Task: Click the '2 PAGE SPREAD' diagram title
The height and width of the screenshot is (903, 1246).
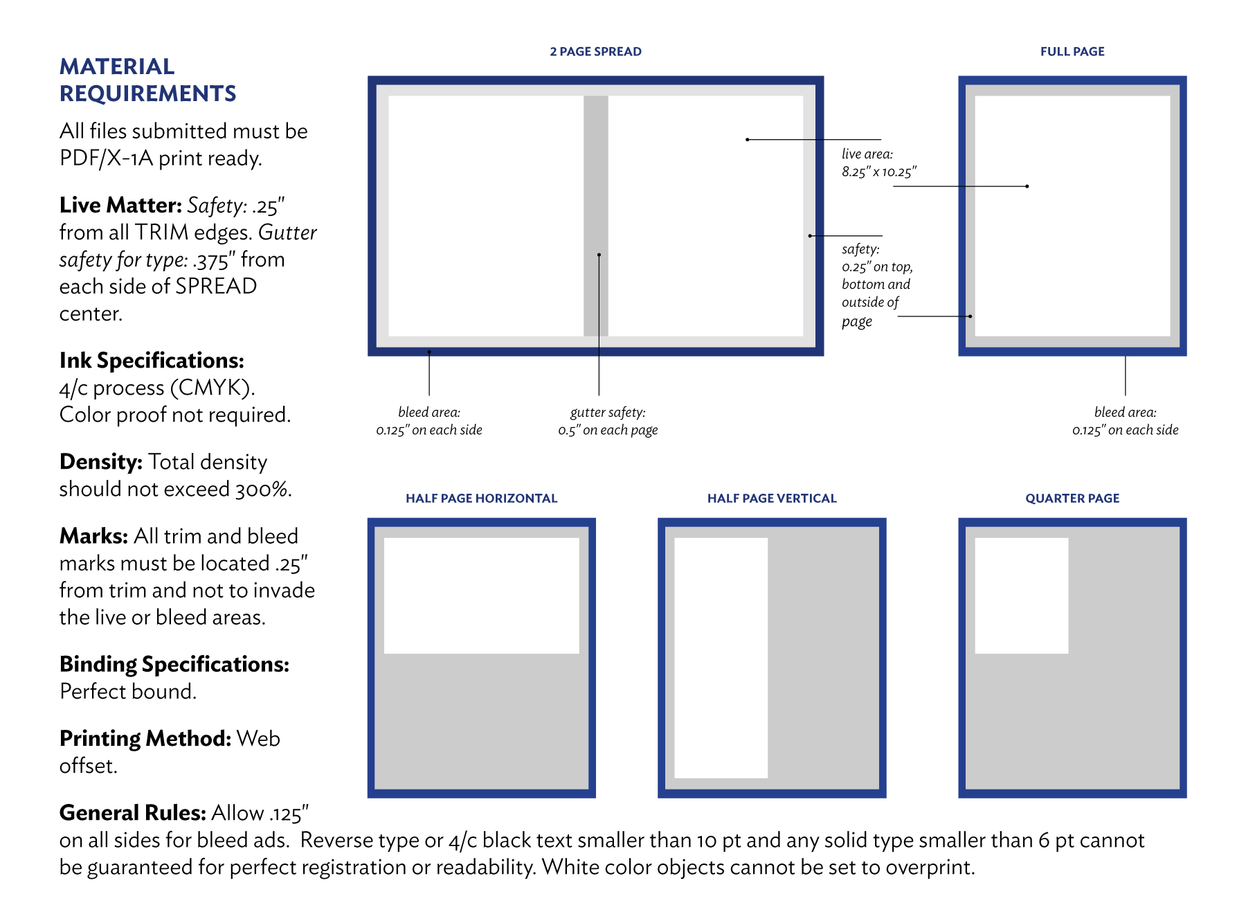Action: [x=595, y=51]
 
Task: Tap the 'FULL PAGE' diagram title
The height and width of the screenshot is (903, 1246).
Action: [x=1072, y=51]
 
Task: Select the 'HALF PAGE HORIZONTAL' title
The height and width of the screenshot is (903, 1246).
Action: [x=481, y=498]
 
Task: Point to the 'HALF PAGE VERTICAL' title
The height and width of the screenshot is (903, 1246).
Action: [x=772, y=498]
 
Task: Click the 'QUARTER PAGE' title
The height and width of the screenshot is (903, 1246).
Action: [x=1072, y=498]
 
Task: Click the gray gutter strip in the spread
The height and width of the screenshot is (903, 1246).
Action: [x=596, y=216]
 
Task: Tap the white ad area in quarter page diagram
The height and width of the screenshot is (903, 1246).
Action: [x=1022, y=596]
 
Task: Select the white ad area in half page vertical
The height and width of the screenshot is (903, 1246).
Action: [x=721, y=658]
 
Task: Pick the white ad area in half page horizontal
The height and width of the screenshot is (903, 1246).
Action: [x=481, y=596]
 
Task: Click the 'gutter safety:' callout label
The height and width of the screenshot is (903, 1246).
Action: [x=608, y=412]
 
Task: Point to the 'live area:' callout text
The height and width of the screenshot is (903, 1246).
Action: [x=867, y=154]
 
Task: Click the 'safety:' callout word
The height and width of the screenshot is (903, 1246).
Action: [x=860, y=249]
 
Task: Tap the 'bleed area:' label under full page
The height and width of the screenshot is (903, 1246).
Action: [x=1125, y=412]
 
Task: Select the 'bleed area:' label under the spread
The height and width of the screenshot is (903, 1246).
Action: [x=429, y=412]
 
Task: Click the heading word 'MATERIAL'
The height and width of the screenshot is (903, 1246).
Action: [x=117, y=66]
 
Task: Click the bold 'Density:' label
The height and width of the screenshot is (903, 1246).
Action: [x=101, y=462]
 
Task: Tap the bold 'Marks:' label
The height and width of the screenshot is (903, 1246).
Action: [x=93, y=536]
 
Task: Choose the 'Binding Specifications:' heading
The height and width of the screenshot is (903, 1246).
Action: [x=174, y=664]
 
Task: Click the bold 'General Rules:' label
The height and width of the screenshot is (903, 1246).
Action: [x=133, y=812]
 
